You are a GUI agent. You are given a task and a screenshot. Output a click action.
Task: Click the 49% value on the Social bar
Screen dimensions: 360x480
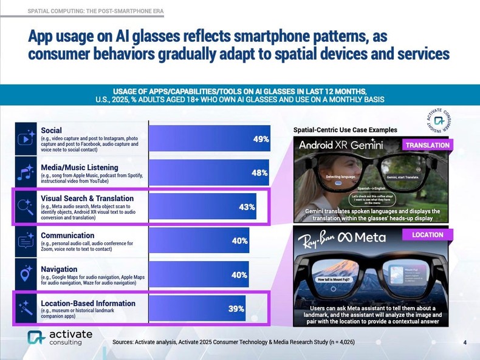click(x=261, y=139)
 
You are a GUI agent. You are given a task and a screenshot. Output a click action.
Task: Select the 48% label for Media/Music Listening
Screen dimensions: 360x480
click(x=259, y=172)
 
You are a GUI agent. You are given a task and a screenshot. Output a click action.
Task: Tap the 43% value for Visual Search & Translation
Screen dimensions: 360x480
click(x=247, y=207)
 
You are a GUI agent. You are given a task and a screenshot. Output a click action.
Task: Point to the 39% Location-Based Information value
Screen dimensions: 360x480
click(x=236, y=308)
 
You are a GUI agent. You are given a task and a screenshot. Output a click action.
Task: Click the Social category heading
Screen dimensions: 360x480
click(x=51, y=130)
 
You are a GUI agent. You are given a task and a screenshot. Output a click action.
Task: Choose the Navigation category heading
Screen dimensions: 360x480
click(x=59, y=269)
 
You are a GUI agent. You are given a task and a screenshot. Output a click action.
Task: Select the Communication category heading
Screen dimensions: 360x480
click(x=67, y=235)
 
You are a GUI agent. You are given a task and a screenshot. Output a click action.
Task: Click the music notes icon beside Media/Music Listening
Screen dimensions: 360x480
click(x=26, y=172)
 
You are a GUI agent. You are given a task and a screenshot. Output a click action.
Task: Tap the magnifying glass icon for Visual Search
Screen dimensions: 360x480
click(x=26, y=206)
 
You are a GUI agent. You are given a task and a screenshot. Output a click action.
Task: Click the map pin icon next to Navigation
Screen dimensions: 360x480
click(x=26, y=274)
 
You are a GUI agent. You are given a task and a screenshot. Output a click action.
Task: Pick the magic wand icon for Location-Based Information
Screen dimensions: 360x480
click(x=26, y=308)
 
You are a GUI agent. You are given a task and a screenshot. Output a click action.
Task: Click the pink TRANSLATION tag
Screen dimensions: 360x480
click(x=427, y=145)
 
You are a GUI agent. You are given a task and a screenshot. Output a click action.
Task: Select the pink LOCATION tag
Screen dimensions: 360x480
click(x=428, y=234)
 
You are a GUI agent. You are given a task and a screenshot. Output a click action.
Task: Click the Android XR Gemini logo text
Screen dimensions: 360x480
click(x=346, y=146)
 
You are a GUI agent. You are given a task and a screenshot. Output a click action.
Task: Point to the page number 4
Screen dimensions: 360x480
click(x=464, y=343)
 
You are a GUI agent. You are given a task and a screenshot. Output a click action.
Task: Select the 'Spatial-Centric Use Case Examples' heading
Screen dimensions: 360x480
click(x=345, y=130)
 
